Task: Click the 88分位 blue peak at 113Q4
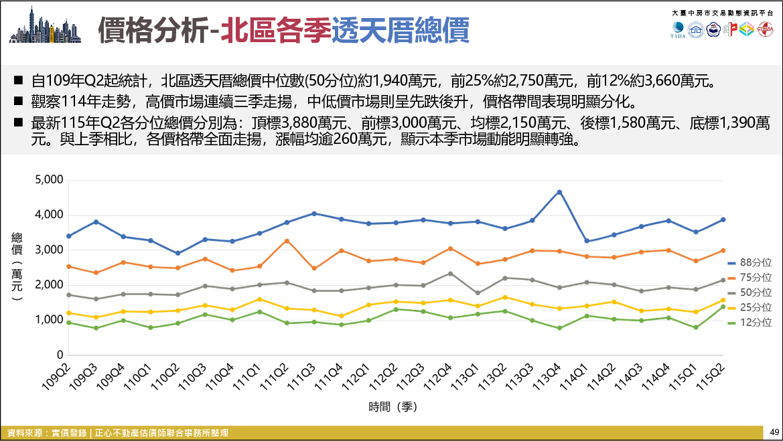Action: coord(559,192)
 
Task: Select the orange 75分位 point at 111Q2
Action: coord(287,241)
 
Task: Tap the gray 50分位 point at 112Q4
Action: coord(450,274)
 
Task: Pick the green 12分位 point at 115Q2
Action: coord(723,306)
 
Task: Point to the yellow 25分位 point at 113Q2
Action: coord(505,297)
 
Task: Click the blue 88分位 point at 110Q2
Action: coord(177,253)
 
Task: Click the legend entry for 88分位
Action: coord(750,262)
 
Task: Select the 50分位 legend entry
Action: coord(750,292)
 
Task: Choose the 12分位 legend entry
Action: coord(750,323)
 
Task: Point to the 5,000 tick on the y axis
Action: coord(49,179)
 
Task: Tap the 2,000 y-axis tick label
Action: coord(49,285)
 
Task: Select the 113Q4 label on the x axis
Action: coord(549,377)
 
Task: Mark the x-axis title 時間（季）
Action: coord(393,407)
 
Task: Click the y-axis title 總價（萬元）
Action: coord(17,266)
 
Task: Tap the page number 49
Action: coord(774,432)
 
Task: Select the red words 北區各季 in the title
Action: coord(276,30)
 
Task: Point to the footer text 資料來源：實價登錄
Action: coord(47,433)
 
